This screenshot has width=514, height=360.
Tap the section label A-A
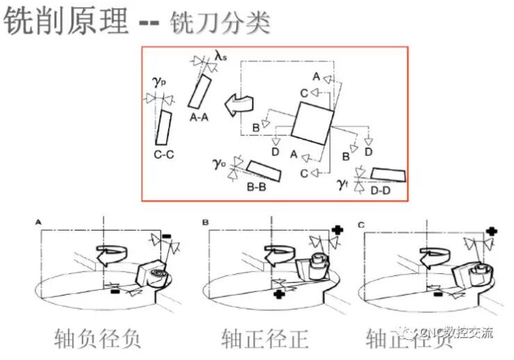click(x=199, y=118)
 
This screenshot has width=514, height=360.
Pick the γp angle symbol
click(x=158, y=81)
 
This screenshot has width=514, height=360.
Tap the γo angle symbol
click(x=219, y=164)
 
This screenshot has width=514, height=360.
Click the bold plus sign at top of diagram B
click(x=338, y=229)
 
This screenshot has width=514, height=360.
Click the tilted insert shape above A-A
click(x=200, y=92)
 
